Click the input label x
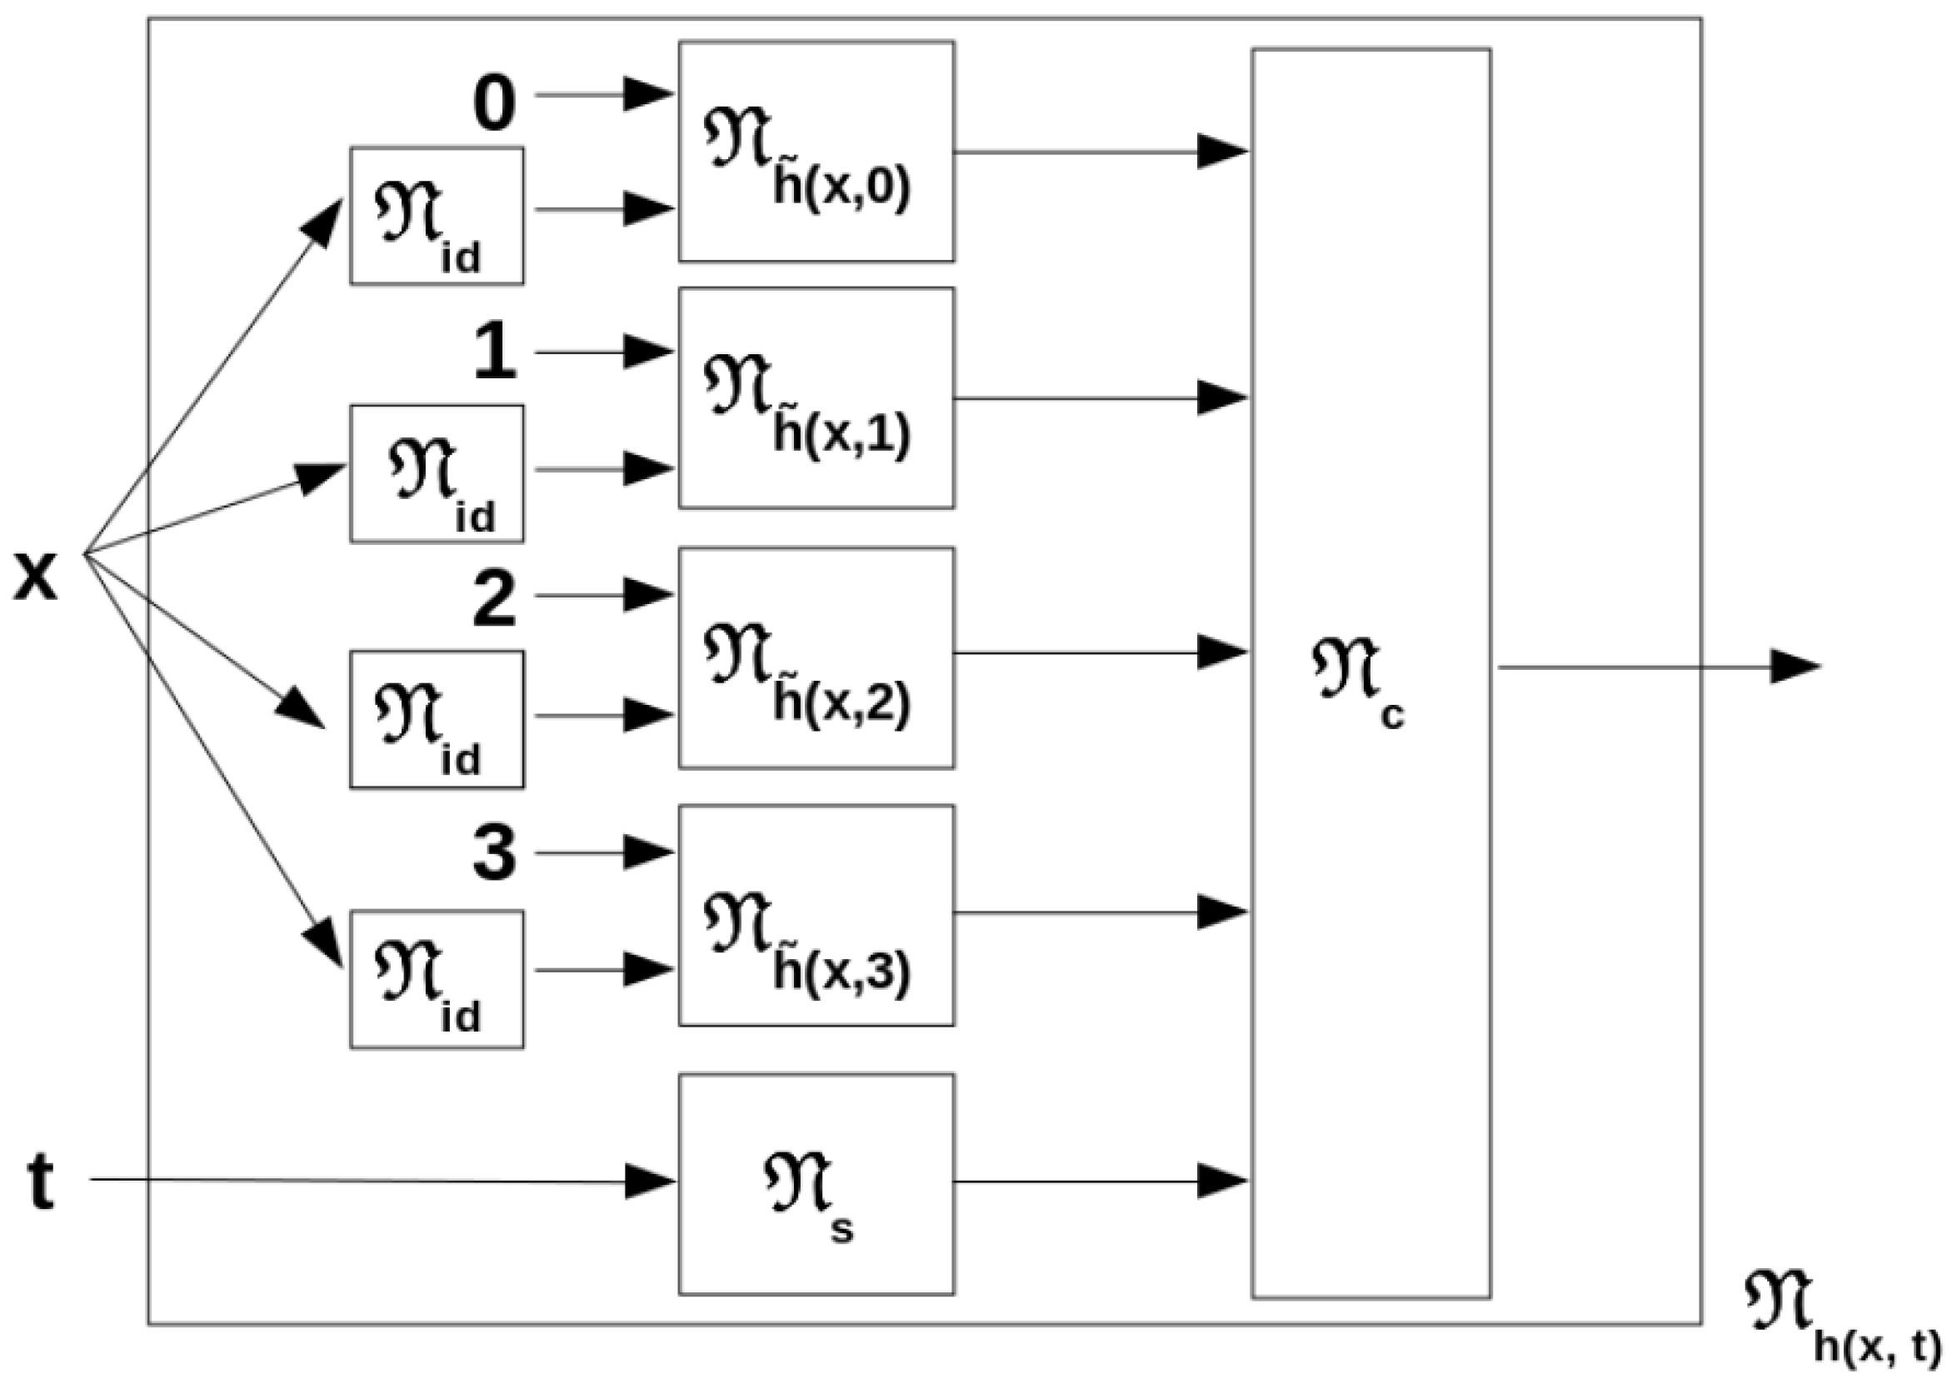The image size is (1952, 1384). point(36,577)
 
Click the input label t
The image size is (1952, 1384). point(40,1182)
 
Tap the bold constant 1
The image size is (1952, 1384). point(495,352)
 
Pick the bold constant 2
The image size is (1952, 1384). point(494,601)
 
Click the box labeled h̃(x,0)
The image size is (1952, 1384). point(816,152)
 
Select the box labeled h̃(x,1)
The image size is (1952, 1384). point(816,398)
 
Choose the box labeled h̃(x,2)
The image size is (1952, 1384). point(816,657)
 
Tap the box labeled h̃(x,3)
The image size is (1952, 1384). point(816,915)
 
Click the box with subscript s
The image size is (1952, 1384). point(816,1184)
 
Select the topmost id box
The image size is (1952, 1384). point(437,216)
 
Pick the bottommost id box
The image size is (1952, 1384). point(437,979)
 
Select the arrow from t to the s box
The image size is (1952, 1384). point(383,1181)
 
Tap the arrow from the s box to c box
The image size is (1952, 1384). point(1099,1182)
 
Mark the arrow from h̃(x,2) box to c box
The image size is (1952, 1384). point(1099,652)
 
